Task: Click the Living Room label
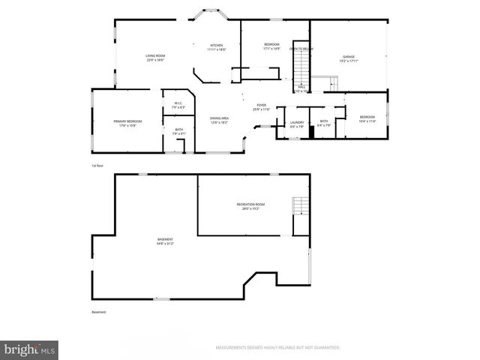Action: [x=155, y=58]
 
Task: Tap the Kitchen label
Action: [x=216, y=47]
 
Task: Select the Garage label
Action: [x=348, y=58]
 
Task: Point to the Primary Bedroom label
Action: [x=127, y=123]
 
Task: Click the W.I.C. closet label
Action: [x=178, y=105]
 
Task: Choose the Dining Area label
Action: [x=220, y=120]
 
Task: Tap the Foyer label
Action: [x=261, y=107]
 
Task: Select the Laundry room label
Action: [x=298, y=123]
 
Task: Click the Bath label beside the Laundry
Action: [x=324, y=123]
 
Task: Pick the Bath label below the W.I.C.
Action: [x=178, y=132]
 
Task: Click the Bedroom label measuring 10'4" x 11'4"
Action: [x=367, y=118]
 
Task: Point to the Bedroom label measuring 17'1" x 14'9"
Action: [x=271, y=46]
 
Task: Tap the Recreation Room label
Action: [x=250, y=206]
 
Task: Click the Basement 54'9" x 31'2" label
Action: [x=165, y=241]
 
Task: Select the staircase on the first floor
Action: [x=300, y=66]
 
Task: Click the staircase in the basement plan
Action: [x=300, y=205]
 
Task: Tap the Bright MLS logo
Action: [x=29, y=349]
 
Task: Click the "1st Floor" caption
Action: [x=97, y=165]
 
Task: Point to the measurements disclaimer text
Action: [x=278, y=348]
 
